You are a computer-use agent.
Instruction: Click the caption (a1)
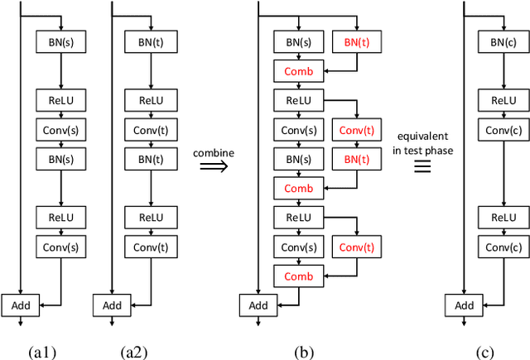coord(42,352)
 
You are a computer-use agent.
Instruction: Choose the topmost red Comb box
coord(299,72)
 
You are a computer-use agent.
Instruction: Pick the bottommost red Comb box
coord(299,276)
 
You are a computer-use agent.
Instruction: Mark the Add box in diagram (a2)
coord(112,305)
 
